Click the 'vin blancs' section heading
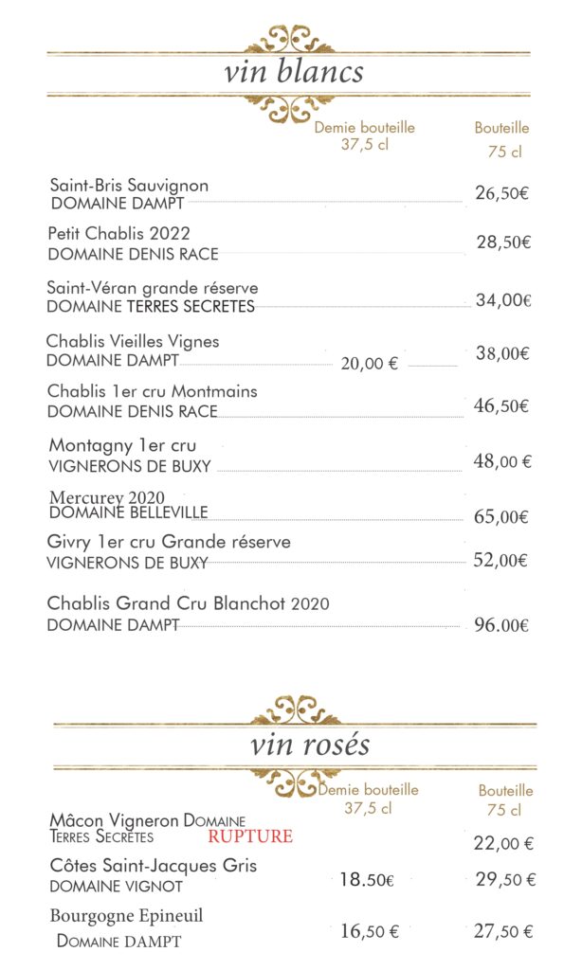(x=294, y=73)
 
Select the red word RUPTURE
(x=250, y=836)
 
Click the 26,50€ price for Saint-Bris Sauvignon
(x=501, y=193)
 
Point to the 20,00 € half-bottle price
(x=369, y=363)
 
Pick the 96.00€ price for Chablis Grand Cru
(x=500, y=625)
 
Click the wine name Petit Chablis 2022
(x=118, y=233)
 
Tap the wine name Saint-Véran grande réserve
(x=152, y=287)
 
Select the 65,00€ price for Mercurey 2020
(x=500, y=517)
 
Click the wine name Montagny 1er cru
(x=122, y=445)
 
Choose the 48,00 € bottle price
(x=502, y=462)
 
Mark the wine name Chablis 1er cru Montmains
(x=152, y=391)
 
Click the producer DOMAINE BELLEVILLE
(x=128, y=512)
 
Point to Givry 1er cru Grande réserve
(x=169, y=542)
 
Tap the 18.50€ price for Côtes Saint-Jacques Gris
(x=366, y=880)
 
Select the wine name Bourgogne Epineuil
(x=126, y=916)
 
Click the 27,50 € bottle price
(x=504, y=931)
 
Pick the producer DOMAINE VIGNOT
(x=116, y=887)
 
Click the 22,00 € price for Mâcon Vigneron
(x=502, y=843)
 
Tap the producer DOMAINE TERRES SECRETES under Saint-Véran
(x=151, y=307)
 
